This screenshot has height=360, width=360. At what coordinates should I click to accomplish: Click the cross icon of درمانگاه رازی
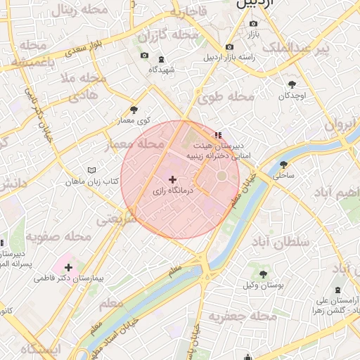(172, 180)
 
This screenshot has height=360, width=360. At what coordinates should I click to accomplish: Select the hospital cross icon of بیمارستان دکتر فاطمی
(69, 267)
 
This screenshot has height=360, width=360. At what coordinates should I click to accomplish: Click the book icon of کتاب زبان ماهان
(91, 170)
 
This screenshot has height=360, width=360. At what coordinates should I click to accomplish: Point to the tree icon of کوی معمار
(134, 110)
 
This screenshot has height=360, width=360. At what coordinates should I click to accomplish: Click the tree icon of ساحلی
(283, 164)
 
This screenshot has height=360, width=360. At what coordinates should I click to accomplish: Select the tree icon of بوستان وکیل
(263, 274)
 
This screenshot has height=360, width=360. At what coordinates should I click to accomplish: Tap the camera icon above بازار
(253, 23)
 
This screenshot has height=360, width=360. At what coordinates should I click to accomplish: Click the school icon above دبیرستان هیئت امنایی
(219, 134)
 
